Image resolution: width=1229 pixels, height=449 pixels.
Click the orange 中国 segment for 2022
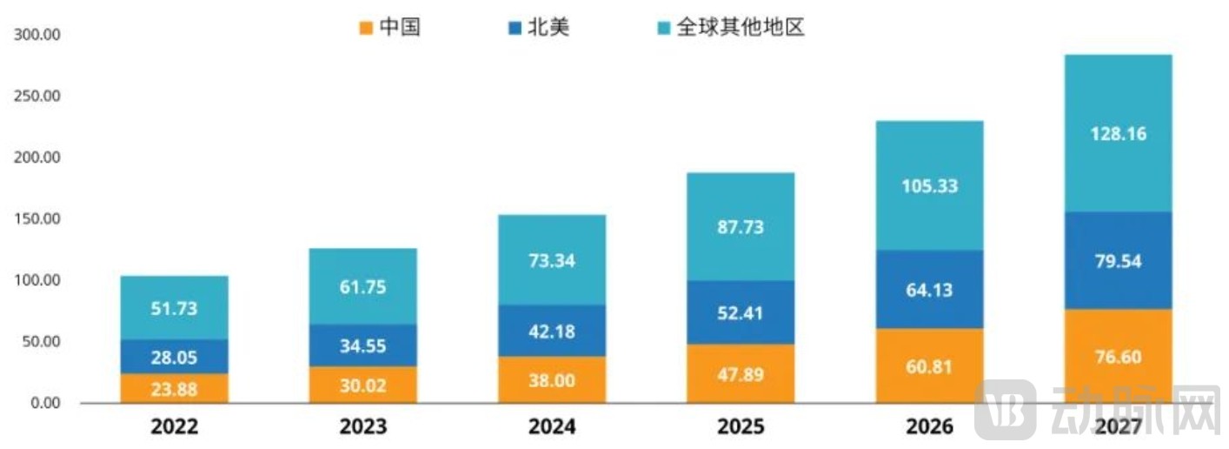click(174, 388)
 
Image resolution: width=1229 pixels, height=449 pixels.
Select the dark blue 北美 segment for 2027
click(1118, 261)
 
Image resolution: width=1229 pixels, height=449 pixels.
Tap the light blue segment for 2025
click(741, 226)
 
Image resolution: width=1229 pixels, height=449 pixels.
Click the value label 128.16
click(1118, 134)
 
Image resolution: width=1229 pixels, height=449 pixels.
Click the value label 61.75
click(363, 287)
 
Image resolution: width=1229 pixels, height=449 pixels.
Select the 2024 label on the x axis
click(552, 426)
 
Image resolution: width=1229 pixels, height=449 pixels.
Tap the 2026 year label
click(929, 426)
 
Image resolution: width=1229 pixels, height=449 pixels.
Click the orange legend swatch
click(367, 28)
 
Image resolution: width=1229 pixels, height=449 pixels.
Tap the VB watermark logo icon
click(1006, 409)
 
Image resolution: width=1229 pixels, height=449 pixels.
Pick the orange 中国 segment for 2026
click(929, 365)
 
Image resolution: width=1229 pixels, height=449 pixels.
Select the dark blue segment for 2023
click(363, 345)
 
